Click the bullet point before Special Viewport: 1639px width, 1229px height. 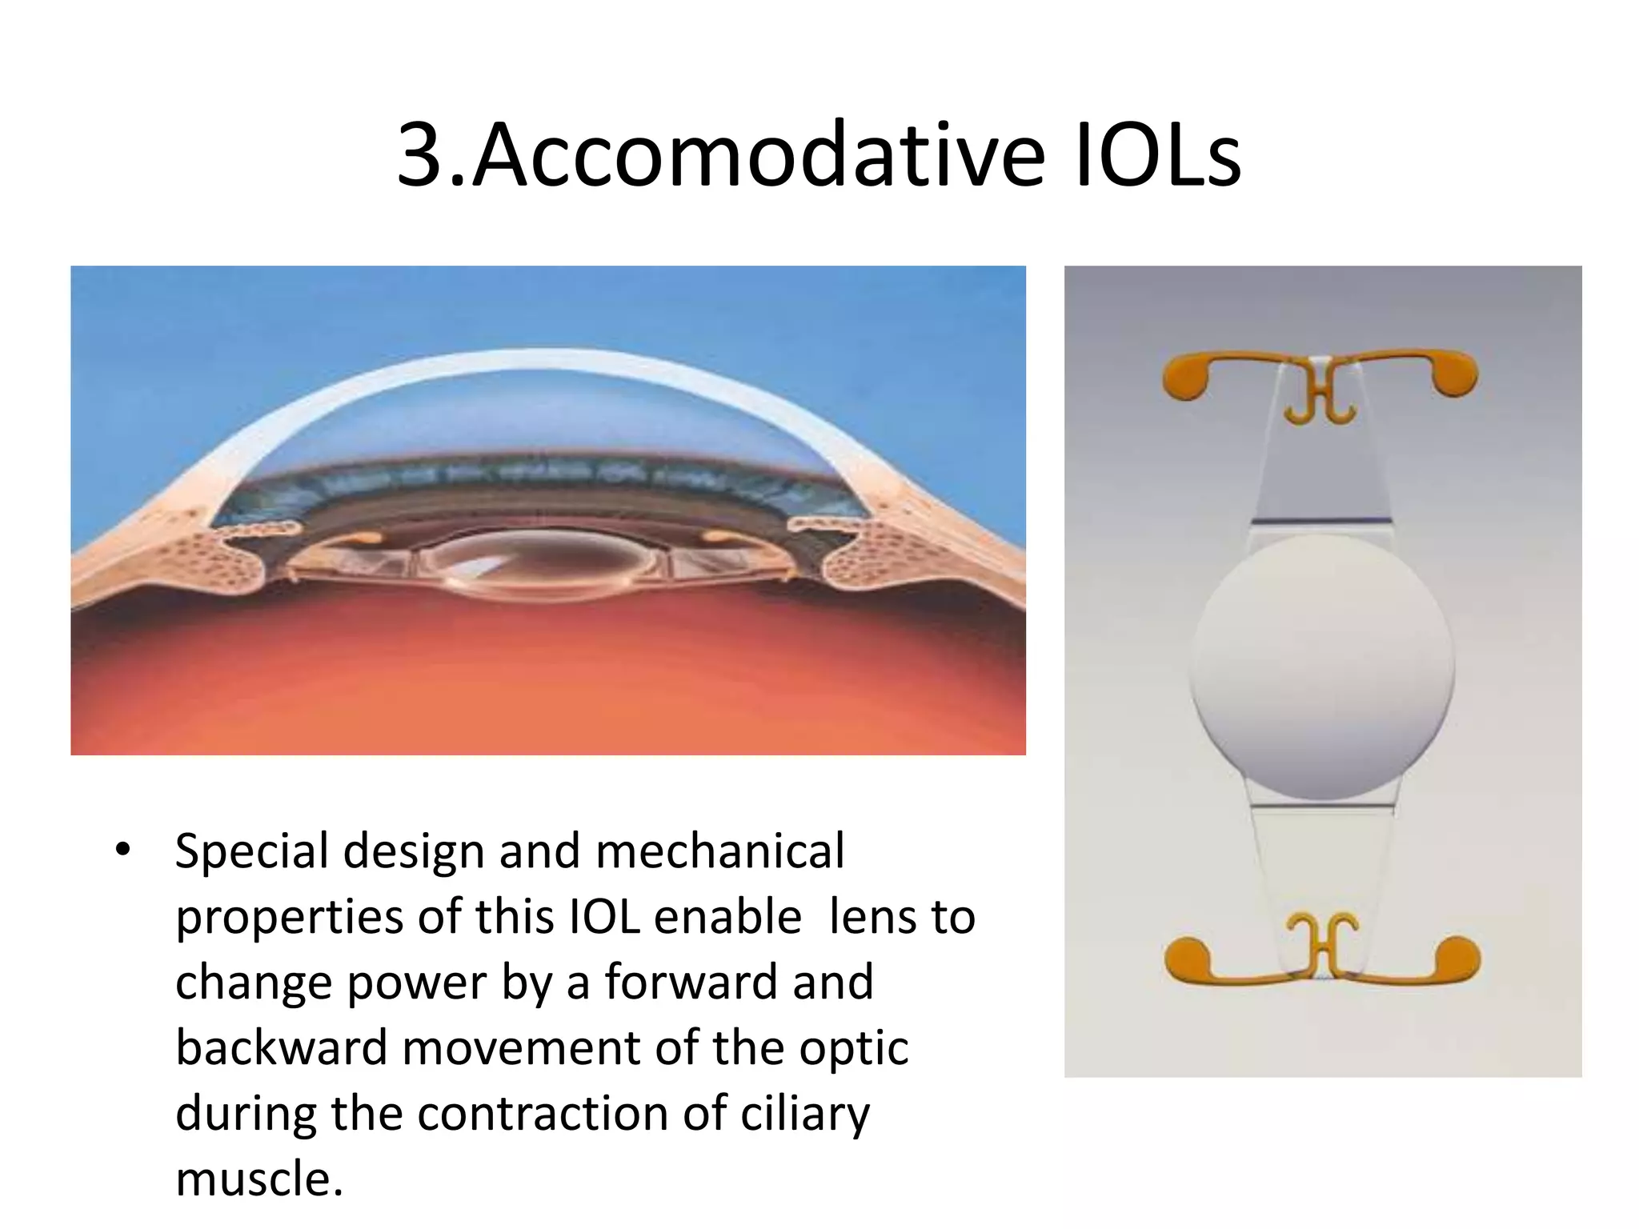(122, 850)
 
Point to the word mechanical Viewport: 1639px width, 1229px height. (719, 850)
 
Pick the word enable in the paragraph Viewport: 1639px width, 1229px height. (727, 916)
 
